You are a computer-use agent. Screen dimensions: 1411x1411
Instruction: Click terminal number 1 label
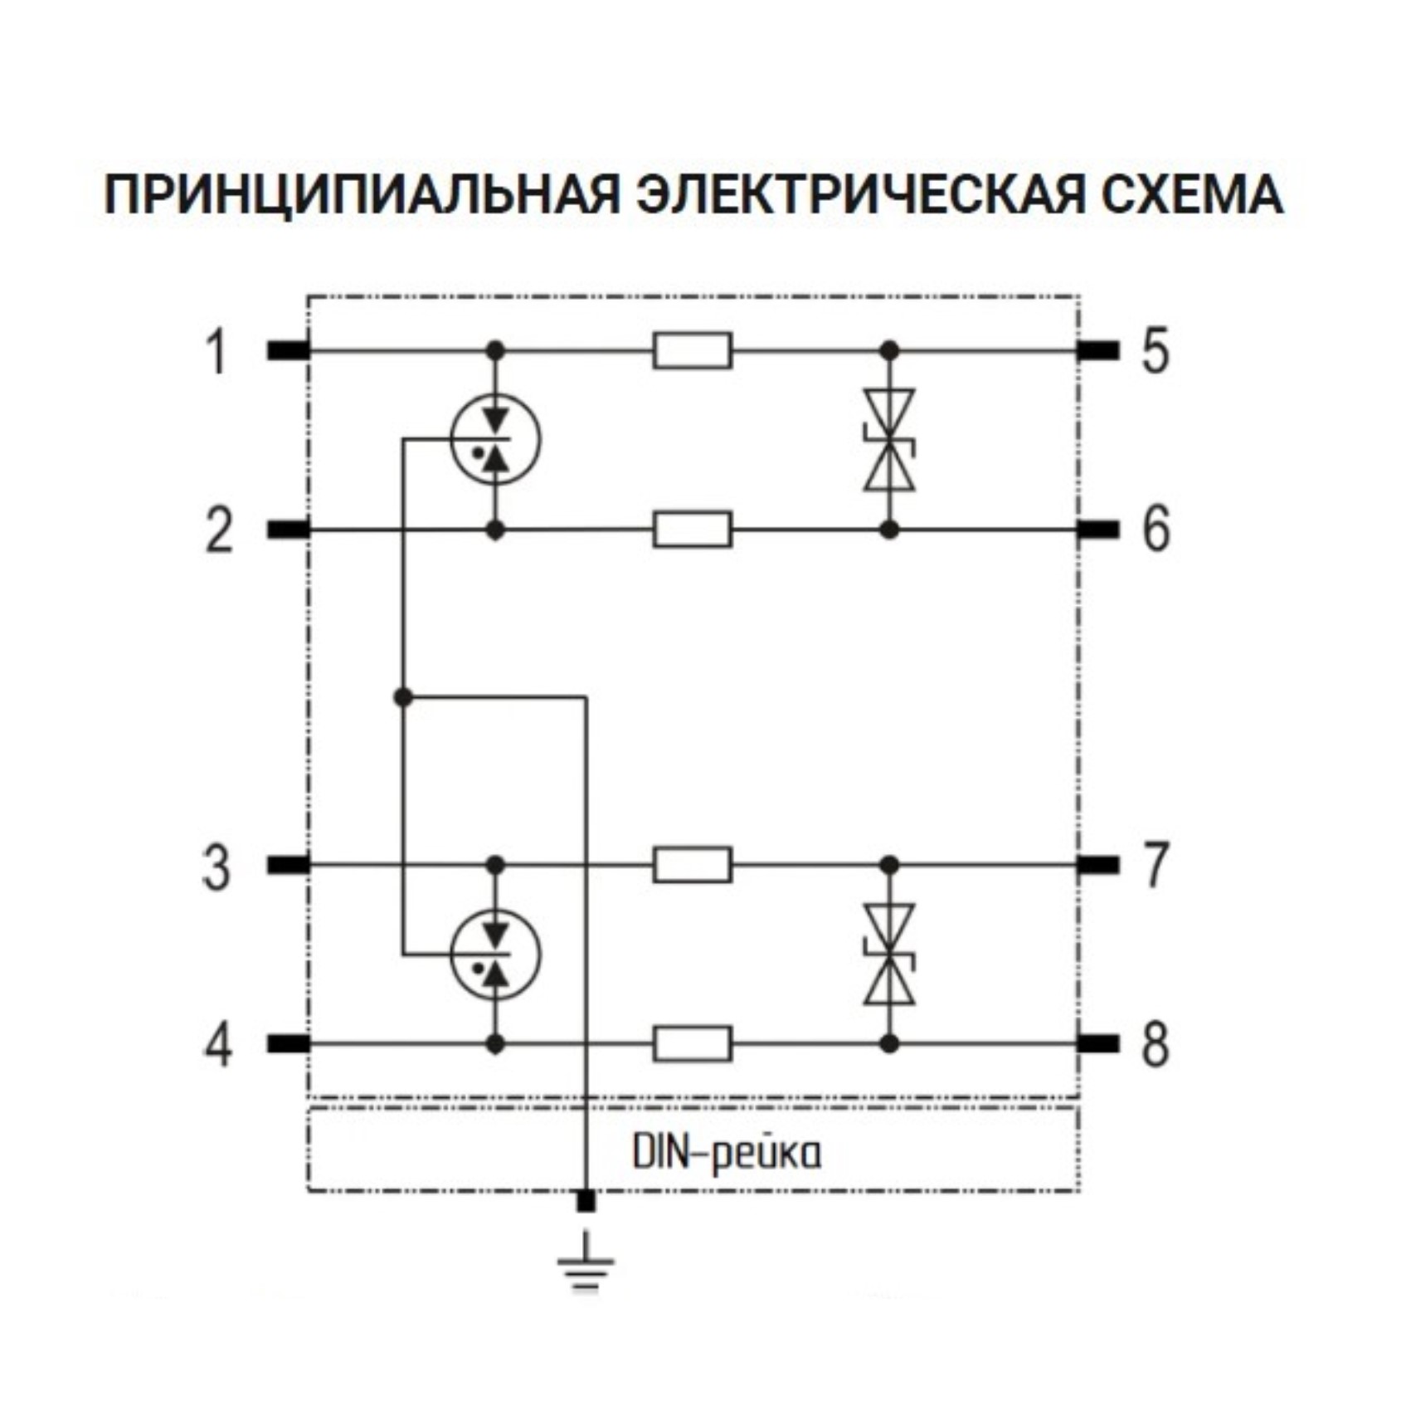click(x=217, y=352)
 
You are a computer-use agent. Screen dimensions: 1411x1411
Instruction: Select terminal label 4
click(x=218, y=1044)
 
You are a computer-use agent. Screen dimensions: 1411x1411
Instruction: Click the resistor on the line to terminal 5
click(x=693, y=350)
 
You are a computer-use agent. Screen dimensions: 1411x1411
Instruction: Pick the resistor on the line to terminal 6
click(x=693, y=530)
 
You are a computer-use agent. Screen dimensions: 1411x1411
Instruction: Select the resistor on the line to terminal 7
click(x=693, y=865)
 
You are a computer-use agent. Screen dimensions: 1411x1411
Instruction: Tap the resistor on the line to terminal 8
click(x=693, y=1044)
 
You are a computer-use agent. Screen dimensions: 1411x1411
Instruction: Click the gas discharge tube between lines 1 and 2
click(x=495, y=439)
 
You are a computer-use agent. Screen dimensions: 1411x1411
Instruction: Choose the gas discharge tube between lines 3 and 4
click(x=495, y=954)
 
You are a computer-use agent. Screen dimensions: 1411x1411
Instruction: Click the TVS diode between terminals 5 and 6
click(x=889, y=440)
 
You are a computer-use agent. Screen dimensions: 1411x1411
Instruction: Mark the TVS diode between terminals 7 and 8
click(x=889, y=954)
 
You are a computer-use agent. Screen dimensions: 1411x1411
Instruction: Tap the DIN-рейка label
click(x=727, y=1153)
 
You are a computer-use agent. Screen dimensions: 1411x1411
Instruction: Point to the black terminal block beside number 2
click(x=288, y=530)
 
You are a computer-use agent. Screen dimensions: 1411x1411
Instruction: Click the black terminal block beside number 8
click(x=1098, y=1044)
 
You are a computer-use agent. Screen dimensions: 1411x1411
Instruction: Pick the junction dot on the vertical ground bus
click(x=403, y=697)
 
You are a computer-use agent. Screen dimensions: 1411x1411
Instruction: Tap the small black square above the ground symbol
click(x=586, y=1201)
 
